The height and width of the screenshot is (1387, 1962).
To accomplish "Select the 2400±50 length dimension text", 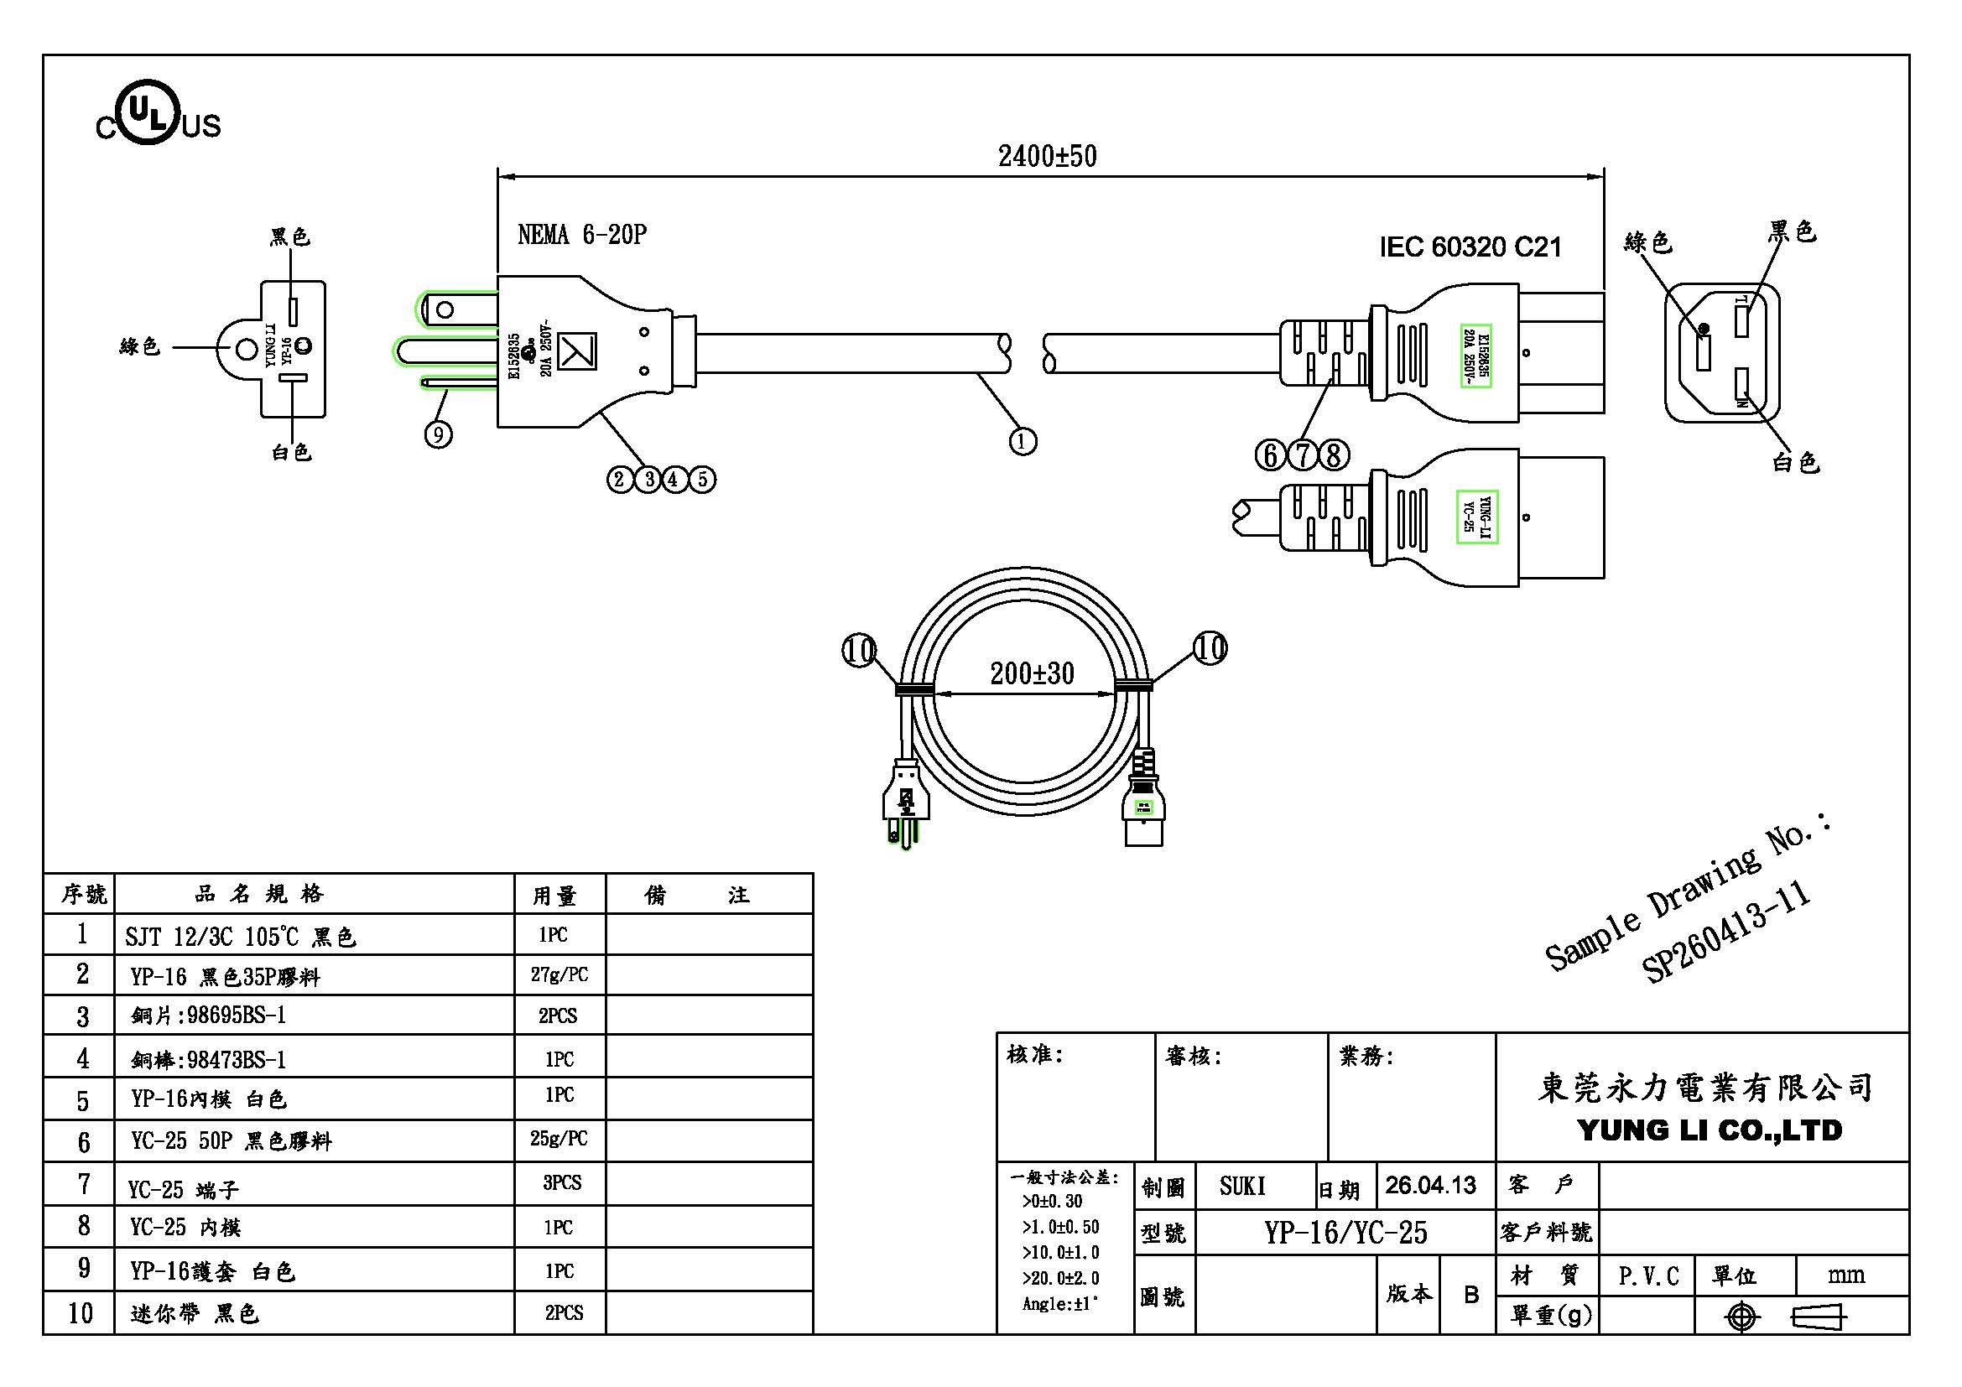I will click(1047, 156).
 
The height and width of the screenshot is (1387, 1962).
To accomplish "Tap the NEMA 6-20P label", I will click(582, 235).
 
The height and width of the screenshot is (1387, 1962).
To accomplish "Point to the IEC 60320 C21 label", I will click(1470, 247).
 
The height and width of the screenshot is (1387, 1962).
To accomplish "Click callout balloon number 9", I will click(439, 434).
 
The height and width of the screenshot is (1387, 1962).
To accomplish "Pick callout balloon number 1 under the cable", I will click(1023, 442).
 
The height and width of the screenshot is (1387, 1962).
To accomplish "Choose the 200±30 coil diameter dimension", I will click(1032, 673).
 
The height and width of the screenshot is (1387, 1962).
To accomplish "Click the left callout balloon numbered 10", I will click(859, 651).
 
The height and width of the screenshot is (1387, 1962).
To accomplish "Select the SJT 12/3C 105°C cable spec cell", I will click(240, 937).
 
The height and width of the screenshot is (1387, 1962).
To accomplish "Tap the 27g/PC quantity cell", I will click(559, 974).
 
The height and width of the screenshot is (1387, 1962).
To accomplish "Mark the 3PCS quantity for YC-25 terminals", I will click(561, 1183).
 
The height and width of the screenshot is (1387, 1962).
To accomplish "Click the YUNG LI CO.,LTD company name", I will click(1709, 1130).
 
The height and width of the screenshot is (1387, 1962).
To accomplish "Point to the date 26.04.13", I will click(1430, 1186).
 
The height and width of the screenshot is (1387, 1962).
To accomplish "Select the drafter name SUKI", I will click(1241, 1187).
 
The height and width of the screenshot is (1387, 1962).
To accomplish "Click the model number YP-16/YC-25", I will click(1345, 1233).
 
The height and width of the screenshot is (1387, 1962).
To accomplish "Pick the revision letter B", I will click(1470, 1295).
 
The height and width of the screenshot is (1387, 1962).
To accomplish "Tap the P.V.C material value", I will click(1648, 1276).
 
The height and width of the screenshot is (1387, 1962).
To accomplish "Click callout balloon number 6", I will click(1271, 455).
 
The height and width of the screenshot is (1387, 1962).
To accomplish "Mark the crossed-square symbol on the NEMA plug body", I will click(577, 351).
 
